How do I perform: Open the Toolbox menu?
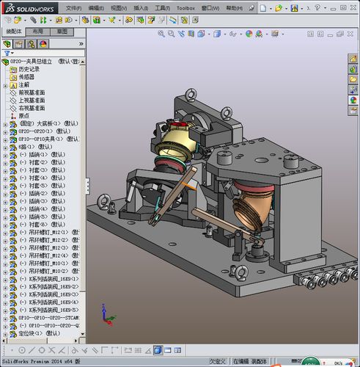(x=186, y=7)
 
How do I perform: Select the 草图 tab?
(x=62, y=32)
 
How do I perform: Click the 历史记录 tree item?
(x=31, y=69)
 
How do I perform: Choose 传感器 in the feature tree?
(x=26, y=76)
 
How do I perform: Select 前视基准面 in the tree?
(x=32, y=92)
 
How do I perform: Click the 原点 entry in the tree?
(x=24, y=115)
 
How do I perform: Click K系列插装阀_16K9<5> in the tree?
(x=53, y=309)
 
